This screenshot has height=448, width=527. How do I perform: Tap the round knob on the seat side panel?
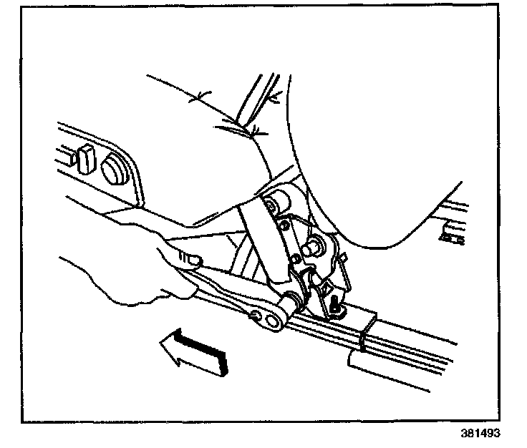[112, 169]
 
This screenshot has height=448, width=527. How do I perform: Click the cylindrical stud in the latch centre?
[314, 248]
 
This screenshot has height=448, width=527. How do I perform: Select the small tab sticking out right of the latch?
[344, 256]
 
